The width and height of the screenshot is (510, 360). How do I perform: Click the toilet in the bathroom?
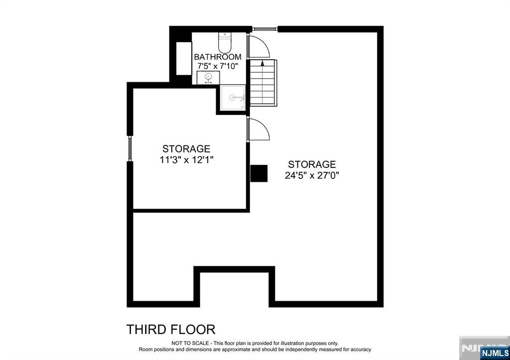[225, 43]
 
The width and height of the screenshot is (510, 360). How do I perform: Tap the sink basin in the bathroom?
[208, 78]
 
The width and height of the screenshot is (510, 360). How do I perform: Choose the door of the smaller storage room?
[258, 130]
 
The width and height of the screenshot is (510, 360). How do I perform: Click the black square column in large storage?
[259, 173]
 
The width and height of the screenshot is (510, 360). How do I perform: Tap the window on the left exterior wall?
[129, 148]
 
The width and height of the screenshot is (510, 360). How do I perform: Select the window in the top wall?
[264, 29]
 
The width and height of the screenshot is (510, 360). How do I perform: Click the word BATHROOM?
[218, 57]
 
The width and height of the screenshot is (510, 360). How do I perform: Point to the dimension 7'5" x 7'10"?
[218, 66]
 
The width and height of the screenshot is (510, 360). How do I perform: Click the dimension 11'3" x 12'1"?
[186, 159]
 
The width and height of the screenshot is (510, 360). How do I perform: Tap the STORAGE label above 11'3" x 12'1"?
[186, 149]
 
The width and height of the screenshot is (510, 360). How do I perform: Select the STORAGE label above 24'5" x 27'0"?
[312, 164]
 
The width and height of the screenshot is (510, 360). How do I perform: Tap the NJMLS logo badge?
[494, 353]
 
